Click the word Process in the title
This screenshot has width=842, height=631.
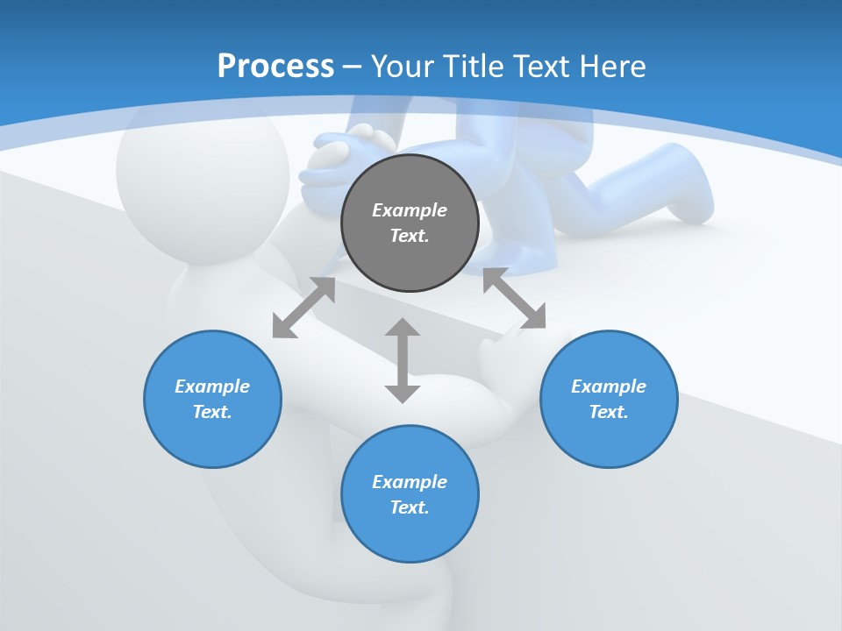pos(275,67)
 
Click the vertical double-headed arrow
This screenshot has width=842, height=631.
pos(403,360)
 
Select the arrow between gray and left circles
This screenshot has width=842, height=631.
pos(303,308)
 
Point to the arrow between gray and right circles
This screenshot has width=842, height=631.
pos(514,298)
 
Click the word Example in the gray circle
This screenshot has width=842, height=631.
pos(410,210)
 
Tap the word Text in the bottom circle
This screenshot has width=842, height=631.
pos(409,507)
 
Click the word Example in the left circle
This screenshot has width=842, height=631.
pos(212,386)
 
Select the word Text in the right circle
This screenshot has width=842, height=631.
pos(608,412)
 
